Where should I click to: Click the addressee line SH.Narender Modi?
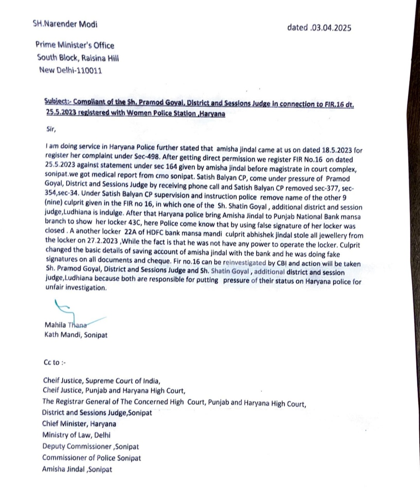click(65, 24)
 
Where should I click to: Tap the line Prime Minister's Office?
click(75, 45)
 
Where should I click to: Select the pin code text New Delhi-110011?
click(70, 70)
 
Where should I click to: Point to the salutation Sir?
click(51, 129)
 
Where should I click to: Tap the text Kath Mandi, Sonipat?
click(76, 335)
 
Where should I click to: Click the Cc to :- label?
click(55, 362)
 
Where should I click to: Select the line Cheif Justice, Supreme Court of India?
click(101, 381)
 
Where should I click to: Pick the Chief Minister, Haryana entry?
click(79, 424)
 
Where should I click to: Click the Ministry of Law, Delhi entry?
click(76, 435)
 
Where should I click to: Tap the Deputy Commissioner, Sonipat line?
click(90, 446)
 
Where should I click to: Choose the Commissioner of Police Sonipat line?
click(91, 458)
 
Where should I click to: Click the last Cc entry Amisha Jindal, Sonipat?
click(77, 469)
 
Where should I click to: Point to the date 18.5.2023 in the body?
click(337, 150)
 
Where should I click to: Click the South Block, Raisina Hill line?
click(78, 58)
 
